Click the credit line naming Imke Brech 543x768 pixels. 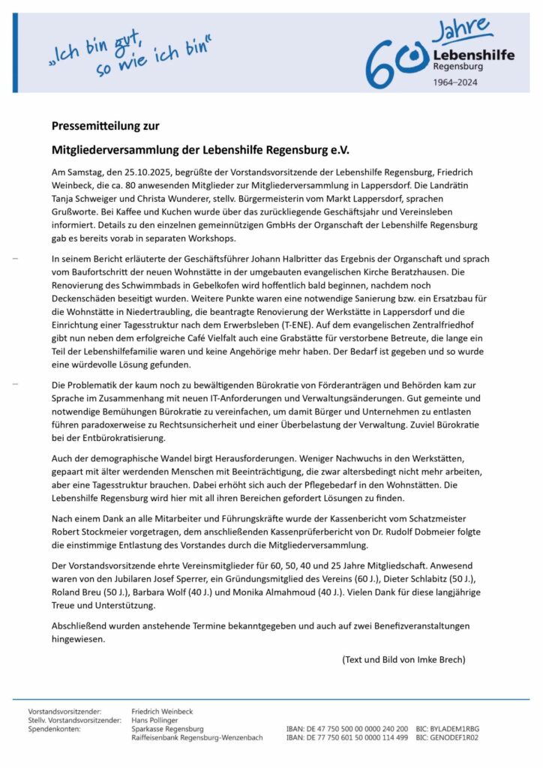[x=403, y=659]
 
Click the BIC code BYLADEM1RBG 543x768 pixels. [x=458, y=728]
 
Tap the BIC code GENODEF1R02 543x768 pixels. [x=458, y=737]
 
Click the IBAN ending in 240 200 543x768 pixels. [x=347, y=728]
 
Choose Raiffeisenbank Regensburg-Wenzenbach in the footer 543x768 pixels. [x=197, y=737]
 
